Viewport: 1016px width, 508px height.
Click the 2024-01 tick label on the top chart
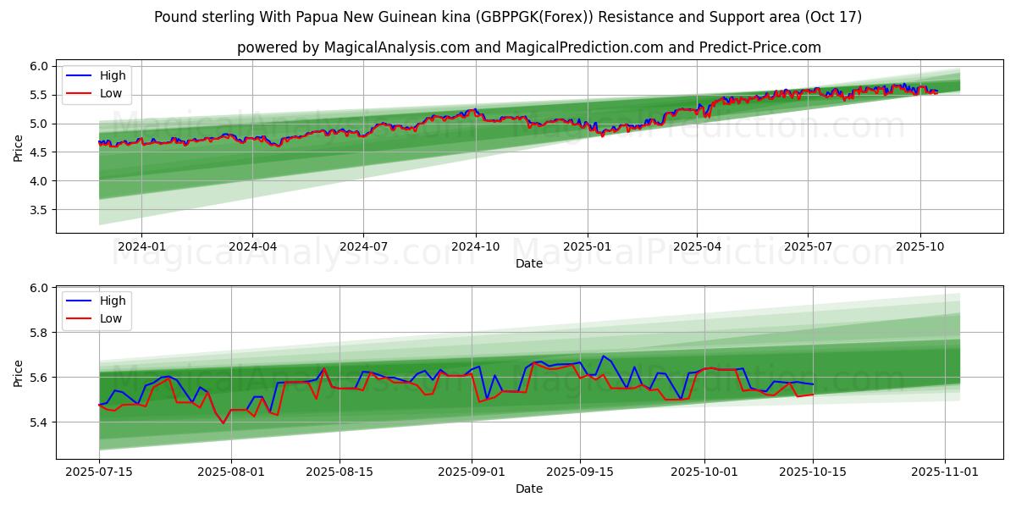[x=141, y=246]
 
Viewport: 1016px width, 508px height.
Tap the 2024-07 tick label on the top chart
[x=363, y=246]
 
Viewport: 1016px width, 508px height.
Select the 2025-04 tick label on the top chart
[x=697, y=246]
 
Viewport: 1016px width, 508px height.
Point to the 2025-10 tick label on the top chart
[x=919, y=246]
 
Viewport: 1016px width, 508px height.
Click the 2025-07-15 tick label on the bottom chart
[x=99, y=471]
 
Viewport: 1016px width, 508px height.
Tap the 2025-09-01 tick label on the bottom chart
[x=472, y=471]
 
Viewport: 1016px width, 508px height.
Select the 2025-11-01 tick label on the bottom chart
[x=944, y=471]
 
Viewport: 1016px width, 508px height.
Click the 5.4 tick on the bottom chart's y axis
[x=40, y=422]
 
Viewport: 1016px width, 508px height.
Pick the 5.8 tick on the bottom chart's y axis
[x=40, y=333]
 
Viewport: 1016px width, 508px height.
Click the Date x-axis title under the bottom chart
[x=529, y=489]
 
